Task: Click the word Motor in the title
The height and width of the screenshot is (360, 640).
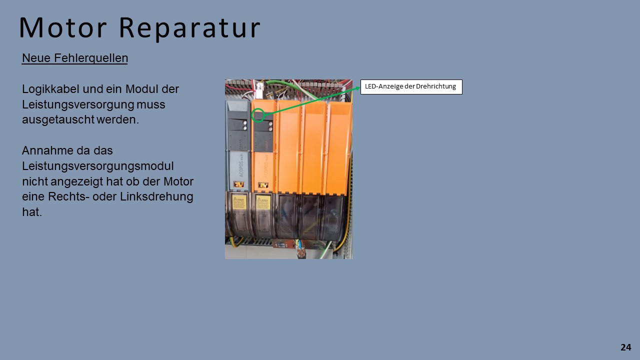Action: click(x=63, y=27)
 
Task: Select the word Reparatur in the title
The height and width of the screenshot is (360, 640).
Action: click(x=189, y=29)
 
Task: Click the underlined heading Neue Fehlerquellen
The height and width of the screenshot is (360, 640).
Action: click(x=75, y=58)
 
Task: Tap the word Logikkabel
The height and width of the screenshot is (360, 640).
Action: click(x=50, y=89)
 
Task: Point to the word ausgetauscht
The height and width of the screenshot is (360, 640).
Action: click(x=58, y=119)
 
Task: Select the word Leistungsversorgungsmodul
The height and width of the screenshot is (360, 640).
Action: click(x=97, y=166)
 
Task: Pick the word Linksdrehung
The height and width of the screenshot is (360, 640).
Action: click(x=156, y=196)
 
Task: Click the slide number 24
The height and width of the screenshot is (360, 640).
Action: click(x=625, y=347)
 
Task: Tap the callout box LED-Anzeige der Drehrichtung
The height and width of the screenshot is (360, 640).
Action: click(x=411, y=86)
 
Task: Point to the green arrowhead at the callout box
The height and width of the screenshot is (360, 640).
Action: click(x=357, y=88)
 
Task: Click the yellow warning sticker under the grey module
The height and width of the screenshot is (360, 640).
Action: click(x=239, y=202)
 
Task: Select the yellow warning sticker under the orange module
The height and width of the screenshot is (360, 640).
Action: click(x=263, y=202)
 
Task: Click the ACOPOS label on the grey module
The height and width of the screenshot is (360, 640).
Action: click(x=240, y=165)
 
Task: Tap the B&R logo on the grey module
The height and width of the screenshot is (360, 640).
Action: click(x=239, y=184)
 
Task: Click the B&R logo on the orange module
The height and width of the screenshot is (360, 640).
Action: click(x=263, y=185)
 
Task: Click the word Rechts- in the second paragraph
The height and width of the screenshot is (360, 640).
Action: click(x=67, y=196)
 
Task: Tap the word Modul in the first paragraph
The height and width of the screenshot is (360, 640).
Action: click(x=141, y=89)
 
